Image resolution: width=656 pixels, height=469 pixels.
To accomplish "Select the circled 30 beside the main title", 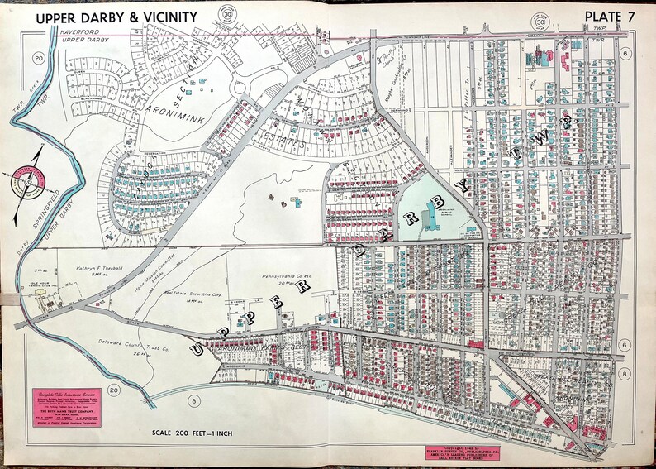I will click(x=226, y=17).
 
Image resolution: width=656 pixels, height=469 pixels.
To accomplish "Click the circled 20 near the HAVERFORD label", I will click(x=38, y=57).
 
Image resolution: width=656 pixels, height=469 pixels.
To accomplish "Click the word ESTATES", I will click(x=281, y=141).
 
